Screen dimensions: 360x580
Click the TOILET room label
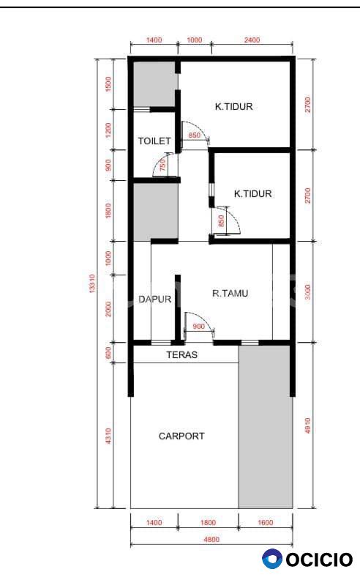click(154, 141)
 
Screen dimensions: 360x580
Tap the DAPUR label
click(155, 299)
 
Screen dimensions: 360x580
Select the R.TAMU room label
click(230, 294)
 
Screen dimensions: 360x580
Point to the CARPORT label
click(181, 436)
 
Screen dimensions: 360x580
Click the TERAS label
click(182, 354)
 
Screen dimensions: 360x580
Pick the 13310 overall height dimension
click(92, 283)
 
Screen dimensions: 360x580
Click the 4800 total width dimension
click(211, 539)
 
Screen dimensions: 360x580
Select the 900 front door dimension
click(198, 327)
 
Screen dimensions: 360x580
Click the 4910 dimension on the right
click(308, 425)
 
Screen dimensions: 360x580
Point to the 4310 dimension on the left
click(108, 436)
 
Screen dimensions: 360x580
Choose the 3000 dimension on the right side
click(308, 292)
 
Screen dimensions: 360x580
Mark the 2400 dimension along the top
click(252, 40)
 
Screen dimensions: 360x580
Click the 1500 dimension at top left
click(108, 84)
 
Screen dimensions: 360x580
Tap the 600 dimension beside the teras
click(108, 352)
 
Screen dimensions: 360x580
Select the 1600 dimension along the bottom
click(266, 522)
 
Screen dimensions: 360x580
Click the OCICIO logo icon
click(272, 559)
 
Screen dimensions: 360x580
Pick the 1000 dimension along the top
click(195, 40)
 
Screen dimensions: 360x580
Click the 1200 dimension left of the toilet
click(108, 130)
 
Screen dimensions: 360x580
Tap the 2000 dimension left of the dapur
click(108, 309)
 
